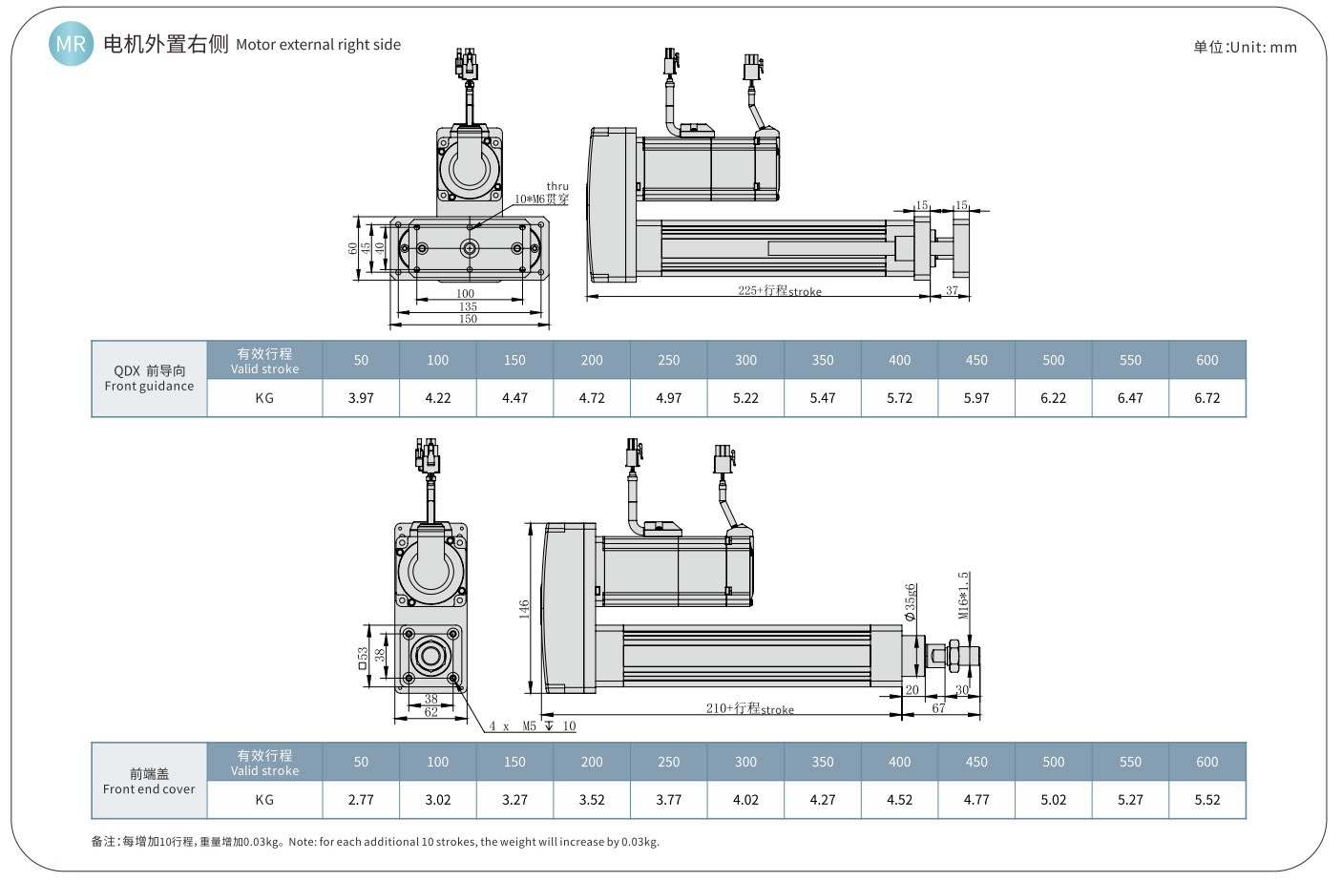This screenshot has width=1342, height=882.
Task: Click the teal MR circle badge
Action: (71, 44)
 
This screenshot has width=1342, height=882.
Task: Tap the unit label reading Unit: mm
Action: (1245, 47)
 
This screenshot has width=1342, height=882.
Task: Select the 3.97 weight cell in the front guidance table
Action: (361, 398)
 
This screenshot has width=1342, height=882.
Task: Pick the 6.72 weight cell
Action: (1206, 398)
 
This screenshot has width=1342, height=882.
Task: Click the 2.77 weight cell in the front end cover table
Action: (361, 800)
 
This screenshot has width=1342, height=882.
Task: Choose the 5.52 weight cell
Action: (1206, 800)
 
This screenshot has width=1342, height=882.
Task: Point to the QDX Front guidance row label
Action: (149, 379)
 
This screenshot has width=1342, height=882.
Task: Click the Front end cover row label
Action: (149, 781)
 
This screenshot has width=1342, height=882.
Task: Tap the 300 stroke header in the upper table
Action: (745, 360)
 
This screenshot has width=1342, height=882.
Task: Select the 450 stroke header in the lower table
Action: (976, 762)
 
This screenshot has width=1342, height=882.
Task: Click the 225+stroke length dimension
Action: (779, 290)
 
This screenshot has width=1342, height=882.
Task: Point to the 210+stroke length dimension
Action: (749, 708)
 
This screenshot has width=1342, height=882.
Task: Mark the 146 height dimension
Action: (524, 608)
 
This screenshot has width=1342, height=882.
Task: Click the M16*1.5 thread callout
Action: (964, 595)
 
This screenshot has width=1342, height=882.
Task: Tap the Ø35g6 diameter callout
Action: (911, 601)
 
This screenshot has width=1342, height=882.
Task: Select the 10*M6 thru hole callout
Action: (542, 199)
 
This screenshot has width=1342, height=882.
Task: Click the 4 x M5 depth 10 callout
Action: (532, 726)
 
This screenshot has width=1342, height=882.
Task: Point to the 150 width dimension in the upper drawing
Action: (468, 319)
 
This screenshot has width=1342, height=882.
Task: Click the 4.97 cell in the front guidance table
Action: (668, 398)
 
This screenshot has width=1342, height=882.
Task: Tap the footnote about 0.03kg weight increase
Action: (375, 842)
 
